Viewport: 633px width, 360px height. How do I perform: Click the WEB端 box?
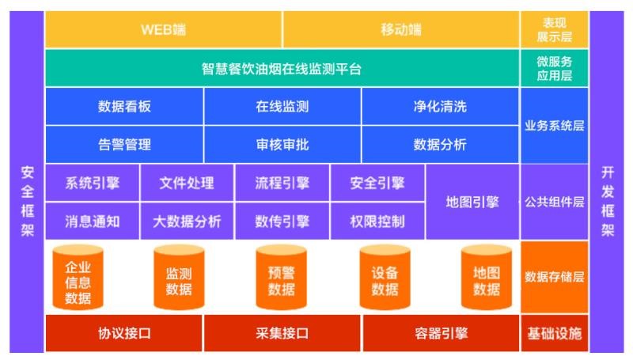[x=164, y=29]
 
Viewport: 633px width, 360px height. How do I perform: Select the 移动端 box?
[x=401, y=29]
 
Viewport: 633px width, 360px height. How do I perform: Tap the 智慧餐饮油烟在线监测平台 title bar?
[x=282, y=68]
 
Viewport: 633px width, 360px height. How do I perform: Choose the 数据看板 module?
[x=124, y=107]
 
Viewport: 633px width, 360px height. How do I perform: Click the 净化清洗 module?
[x=441, y=107]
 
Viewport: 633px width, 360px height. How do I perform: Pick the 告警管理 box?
[x=124, y=145]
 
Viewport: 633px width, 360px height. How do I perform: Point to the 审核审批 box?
[x=282, y=145]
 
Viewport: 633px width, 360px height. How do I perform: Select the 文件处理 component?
[x=187, y=183]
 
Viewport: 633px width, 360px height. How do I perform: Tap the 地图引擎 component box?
[x=472, y=202]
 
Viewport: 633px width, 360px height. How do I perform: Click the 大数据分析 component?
[x=187, y=222]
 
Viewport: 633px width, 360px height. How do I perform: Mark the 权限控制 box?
[x=377, y=222]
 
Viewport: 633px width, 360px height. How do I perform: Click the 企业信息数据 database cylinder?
[x=78, y=277]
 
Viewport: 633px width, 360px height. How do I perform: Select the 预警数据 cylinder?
[x=282, y=277]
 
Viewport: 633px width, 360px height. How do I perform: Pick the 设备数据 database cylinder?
[x=385, y=277]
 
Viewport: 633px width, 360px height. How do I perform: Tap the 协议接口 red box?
[x=124, y=333]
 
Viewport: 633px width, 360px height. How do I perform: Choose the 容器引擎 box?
[x=441, y=333]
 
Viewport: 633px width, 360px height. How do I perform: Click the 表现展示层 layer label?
[x=555, y=29]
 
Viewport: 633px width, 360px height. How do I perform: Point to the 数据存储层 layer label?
[x=555, y=277]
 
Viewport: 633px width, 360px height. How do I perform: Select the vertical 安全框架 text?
[x=28, y=202]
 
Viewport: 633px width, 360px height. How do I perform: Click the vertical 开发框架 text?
[x=608, y=202]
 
